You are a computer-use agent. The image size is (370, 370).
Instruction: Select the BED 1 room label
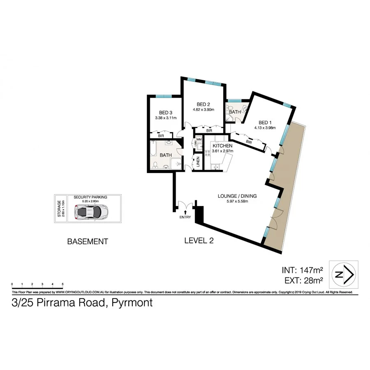(x=265, y=122)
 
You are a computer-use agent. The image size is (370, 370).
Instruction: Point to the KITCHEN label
(x=222, y=146)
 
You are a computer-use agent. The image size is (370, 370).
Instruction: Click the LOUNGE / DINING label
(x=237, y=196)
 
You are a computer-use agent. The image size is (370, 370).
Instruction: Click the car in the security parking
(x=91, y=212)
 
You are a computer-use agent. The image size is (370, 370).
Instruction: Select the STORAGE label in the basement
(x=60, y=209)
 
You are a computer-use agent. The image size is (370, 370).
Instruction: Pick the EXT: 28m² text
(x=302, y=282)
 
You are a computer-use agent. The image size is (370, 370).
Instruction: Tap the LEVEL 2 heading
(x=199, y=241)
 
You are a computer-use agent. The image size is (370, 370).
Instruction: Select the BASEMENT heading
(x=87, y=242)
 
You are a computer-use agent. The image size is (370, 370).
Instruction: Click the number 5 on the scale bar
(x=62, y=284)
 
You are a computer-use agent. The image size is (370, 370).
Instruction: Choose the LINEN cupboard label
(x=198, y=162)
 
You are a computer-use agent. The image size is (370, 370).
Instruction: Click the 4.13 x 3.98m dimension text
(x=265, y=127)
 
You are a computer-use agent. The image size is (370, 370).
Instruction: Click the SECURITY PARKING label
(x=90, y=197)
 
